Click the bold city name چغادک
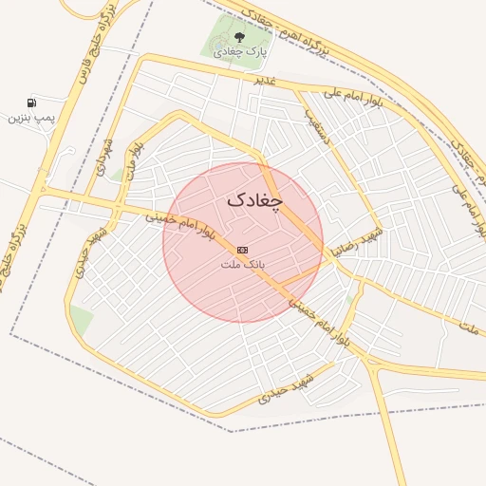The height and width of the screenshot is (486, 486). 256,201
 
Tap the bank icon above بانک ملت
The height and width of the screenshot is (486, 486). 243,249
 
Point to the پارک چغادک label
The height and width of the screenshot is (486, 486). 241,53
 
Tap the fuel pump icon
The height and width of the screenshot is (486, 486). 33,103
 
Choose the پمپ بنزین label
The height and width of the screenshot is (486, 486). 32,117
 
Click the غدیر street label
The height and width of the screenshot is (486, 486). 264,79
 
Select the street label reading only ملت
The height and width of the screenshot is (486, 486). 469,327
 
